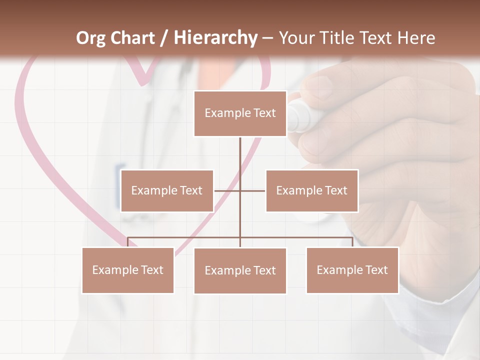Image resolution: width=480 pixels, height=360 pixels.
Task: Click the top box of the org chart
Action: pyautogui.click(x=240, y=113)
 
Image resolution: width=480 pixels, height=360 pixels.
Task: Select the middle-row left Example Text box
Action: pyautogui.click(x=167, y=190)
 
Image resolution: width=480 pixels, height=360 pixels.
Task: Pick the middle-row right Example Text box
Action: pyautogui.click(x=312, y=190)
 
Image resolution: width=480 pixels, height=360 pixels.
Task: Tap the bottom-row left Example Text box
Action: pyautogui.click(x=128, y=270)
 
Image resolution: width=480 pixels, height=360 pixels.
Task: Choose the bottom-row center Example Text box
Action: pyautogui.click(x=240, y=270)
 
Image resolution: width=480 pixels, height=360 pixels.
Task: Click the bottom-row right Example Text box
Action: pyautogui.click(x=352, y=270)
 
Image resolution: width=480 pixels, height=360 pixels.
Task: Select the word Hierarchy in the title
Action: pyautogui.click(x=215, y=38)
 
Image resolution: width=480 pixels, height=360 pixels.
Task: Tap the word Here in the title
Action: pyautogui.click(x=416, y=38)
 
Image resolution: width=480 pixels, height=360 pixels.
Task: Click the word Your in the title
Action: pyautogui.click(x=295, y=38)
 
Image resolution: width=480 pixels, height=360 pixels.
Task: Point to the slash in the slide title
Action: pyautogui.click(x=163, y=38)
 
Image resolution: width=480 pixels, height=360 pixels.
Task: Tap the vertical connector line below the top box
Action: pyautogui.click(x=240, y=155)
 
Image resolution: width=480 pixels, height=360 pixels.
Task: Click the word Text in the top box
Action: pyautogui.click(x=264, y=113)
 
